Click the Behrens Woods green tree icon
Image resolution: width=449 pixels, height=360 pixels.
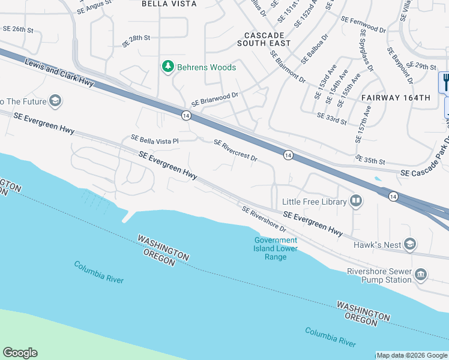169,67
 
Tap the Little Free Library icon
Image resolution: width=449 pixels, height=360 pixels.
356,202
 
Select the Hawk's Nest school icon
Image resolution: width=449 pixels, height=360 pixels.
410,244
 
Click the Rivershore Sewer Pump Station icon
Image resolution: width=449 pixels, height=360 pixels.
421,275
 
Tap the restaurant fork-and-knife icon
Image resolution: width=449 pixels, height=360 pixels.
445,82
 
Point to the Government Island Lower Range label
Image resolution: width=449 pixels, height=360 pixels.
275,248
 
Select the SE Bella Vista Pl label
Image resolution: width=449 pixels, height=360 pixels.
155,139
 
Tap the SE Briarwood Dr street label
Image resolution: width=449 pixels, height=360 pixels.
215,98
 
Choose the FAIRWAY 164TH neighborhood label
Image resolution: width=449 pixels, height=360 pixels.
396,97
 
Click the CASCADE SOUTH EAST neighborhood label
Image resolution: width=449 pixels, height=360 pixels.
264,39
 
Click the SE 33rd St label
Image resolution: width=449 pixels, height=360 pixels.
332,119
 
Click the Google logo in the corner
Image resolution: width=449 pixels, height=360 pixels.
20,353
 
